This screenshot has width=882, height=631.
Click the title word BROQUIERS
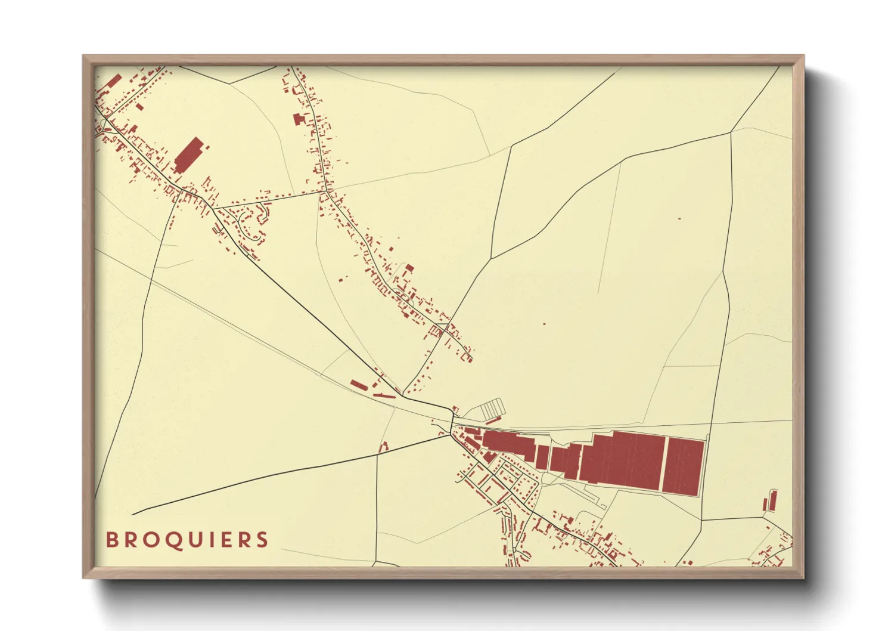pos(187,539)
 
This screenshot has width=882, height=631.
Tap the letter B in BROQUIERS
pos(111,540)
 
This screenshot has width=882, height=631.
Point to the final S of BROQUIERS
pos(262,540)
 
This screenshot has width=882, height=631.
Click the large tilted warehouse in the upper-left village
pos(189,154)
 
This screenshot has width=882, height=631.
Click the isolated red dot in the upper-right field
pos(679,219)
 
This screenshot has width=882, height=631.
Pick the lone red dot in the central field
pos(544,324)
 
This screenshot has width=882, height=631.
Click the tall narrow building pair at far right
pos(770,500)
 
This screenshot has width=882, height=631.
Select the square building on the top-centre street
pos(298,119)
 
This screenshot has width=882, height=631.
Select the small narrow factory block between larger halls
pos(542,457)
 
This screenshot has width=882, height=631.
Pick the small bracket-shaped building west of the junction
pos(384,446)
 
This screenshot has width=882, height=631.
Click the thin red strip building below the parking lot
pos(492,422)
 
